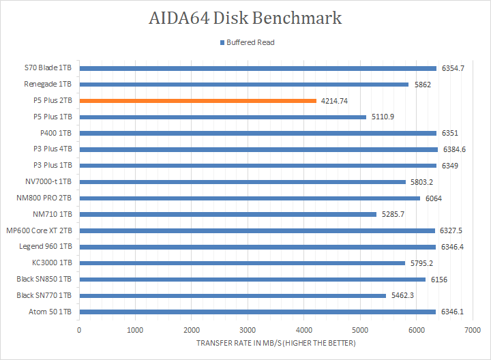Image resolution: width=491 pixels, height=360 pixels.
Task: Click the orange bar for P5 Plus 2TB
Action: click(x=198, y=101)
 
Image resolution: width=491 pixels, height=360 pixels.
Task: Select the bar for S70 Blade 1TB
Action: click(x=258, y=68)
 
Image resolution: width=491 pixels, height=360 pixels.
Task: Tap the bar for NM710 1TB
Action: click(x=228, y=214)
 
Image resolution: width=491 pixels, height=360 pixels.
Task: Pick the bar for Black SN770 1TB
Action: click(x=233, y=295)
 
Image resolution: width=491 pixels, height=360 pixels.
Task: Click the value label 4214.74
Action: click(x=334, y=101)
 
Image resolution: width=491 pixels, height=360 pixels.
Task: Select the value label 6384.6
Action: click(x=454, y=149)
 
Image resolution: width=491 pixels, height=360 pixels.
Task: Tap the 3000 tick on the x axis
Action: click(x=248, y=329)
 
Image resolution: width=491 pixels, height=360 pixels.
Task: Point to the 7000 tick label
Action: click(x=472, y=329)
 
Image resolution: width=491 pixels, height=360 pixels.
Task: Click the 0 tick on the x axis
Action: click(x=79, y=329)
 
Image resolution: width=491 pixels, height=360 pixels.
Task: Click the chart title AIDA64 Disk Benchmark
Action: click(x=245, y=18)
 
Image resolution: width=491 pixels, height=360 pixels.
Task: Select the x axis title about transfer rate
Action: click(x=276, y=343)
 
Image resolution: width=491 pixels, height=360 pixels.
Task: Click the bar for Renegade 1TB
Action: click(x=243, y=85)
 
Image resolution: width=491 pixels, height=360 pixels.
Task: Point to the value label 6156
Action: click(x=438, y=279)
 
